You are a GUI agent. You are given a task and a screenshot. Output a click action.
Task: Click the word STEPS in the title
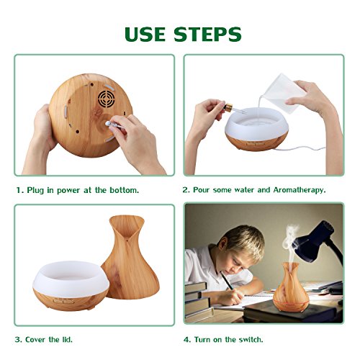pyautogui.click(x=207, y=34)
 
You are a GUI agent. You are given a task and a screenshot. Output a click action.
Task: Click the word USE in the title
pyautogui.click(x=145, y=34)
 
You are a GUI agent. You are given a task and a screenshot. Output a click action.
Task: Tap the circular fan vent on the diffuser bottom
pyautogui.click(x=106, y=99)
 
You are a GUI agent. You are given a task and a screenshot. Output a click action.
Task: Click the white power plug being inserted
pyautogui.click(x=113, y=125)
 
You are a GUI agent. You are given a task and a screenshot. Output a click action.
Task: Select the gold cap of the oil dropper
pyautogui.click(x=228, y=107)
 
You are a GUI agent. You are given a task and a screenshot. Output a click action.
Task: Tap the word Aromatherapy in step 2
pyautogui.click(x=300, y=190)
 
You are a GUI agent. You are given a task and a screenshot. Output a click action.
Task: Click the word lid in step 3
pyautogui.click(x=66, y=340)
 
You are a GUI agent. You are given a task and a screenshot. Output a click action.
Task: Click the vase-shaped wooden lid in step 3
pyautogui.click(x=130, y=257)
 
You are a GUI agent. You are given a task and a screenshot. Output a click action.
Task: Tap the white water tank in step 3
pyautogui.click(x=71, y=279)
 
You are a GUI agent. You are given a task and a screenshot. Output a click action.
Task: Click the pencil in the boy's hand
pyautogui.click(x=227, y=281)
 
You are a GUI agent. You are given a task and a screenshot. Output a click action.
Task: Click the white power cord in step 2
pyautogui.click(x=300, y=148)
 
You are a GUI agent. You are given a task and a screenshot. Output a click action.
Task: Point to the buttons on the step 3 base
pyautogui.click(x=63, y=301)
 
